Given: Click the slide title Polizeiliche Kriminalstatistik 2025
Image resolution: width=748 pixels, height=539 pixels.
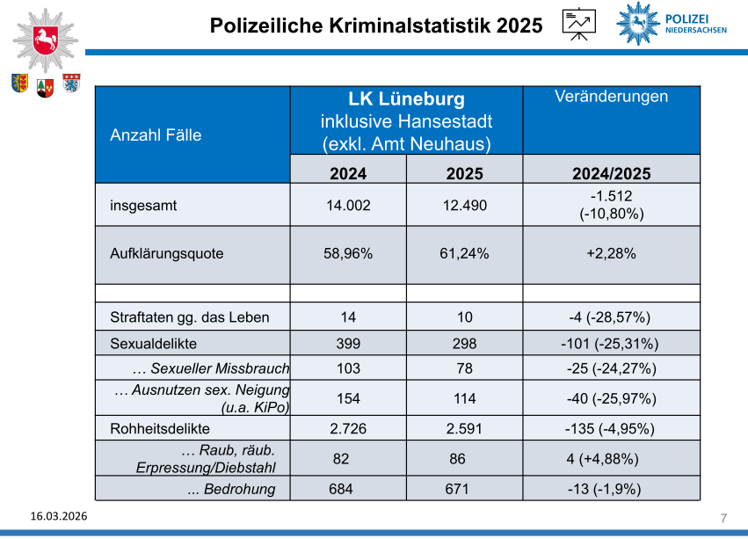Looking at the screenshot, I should (x=376, y=25).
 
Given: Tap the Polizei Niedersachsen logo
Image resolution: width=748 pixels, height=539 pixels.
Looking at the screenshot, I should (x=674, y=23).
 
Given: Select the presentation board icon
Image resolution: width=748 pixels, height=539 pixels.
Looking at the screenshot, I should (x=577, y=24).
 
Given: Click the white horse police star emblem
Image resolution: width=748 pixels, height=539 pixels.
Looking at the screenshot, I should (x=43, y=40).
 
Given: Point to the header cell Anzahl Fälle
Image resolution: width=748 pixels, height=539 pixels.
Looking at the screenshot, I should (x=156, y=135).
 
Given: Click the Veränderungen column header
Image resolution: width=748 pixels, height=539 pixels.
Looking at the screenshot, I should (x=611, y=97).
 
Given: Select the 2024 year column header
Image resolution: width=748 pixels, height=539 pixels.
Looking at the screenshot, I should (x=348, y=173).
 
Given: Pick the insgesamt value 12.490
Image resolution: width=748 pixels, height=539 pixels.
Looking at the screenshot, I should (x=464, y=206).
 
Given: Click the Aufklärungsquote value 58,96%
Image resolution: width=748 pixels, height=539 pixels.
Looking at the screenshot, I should (x=348, y=253).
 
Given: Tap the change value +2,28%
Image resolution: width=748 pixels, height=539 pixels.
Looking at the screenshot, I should (x=611, y=253).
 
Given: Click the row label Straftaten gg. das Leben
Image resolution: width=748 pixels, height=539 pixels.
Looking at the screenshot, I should (x=190, y=317).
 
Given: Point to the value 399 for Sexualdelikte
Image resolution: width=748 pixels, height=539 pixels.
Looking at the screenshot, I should (x=348, y=343).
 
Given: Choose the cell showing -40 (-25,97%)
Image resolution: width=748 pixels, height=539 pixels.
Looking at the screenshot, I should (x=611, y=398).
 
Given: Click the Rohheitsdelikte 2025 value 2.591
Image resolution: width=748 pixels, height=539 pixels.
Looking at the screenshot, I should (x=464, y=429).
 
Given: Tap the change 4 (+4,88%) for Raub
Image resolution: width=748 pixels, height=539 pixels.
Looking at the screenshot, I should (x=602, y=459).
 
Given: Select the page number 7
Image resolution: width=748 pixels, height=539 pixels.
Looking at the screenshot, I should (x=723, y=516).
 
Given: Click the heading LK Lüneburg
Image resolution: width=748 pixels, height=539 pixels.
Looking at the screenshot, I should (x=406, y=99).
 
